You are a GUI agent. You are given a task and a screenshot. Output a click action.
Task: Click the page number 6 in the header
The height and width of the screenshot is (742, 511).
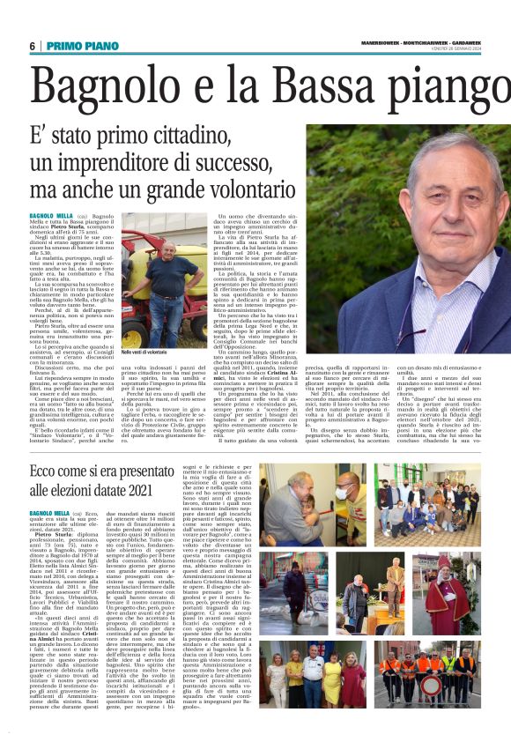33,46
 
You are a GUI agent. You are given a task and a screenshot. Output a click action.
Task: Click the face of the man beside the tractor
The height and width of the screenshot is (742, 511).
162,252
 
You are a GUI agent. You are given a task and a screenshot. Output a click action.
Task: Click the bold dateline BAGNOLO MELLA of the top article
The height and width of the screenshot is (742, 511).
49,215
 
